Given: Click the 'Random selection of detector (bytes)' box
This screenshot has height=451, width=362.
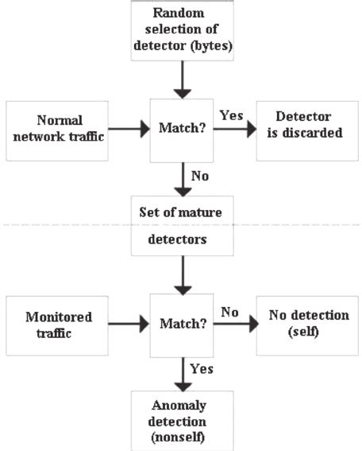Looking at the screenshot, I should tap(183, 31).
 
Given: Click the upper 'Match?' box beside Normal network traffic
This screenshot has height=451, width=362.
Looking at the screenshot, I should tap(183, 126).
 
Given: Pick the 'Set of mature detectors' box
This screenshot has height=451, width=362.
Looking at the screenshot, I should tap(183, 227).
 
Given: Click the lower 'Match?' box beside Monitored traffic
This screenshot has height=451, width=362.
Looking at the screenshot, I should tap(183, 325).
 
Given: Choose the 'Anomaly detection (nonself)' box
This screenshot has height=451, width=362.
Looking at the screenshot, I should tap(183, 422).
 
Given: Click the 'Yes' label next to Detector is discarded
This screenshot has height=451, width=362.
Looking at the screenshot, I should tap(231, 116).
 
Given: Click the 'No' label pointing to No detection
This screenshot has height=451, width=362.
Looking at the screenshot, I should tap(230, 313).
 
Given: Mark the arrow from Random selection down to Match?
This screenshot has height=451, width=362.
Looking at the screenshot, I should tap(183, 79).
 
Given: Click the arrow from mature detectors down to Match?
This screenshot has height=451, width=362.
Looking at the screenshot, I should tap(183, 275).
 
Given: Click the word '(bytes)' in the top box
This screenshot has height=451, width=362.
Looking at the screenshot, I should tap(208, 45).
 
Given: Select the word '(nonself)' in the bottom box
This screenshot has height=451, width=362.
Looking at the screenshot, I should tap(183, 437).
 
